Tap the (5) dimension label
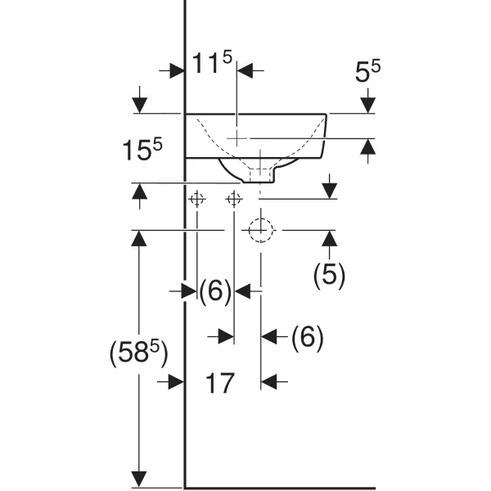point(330,275)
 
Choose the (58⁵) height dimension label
point(138,354)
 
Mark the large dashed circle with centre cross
point(260,232)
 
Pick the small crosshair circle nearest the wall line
point(196,199)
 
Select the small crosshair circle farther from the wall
point(234,199)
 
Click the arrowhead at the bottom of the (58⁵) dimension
point(140,479)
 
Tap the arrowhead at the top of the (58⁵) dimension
point(140,238)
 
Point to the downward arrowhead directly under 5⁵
point(367,105)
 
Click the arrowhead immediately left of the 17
point(174,381)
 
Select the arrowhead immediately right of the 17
point(269,381)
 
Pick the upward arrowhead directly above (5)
point(330,238)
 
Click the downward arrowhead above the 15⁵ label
point(140,106)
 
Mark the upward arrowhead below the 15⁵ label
point(140,191)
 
